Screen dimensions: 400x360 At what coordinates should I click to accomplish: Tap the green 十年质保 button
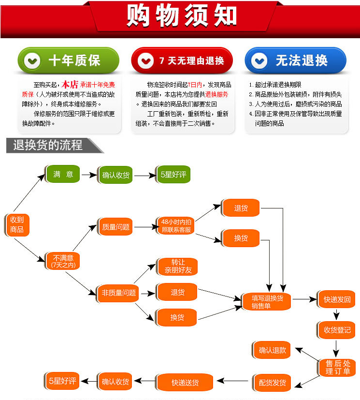point(68,60)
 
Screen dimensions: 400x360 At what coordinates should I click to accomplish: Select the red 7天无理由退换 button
point(182,60)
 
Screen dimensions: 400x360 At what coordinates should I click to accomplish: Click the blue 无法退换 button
point(295,60)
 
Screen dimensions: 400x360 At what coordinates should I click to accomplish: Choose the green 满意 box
point(63,174)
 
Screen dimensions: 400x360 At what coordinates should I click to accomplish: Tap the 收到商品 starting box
point(17,225)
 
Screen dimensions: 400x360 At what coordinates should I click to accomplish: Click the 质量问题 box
point(115,227)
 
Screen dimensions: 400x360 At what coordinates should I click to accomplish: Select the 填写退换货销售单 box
point(267,301)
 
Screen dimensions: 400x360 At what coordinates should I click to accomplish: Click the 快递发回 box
point(337,299)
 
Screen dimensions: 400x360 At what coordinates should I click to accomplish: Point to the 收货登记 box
point(337,330)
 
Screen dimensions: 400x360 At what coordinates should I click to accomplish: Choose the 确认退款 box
point(272,350)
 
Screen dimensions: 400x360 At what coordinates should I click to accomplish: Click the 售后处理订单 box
point(337,367)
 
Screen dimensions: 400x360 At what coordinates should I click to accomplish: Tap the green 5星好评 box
point(173,174)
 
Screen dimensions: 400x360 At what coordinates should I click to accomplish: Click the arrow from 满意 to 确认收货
point(89,175)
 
